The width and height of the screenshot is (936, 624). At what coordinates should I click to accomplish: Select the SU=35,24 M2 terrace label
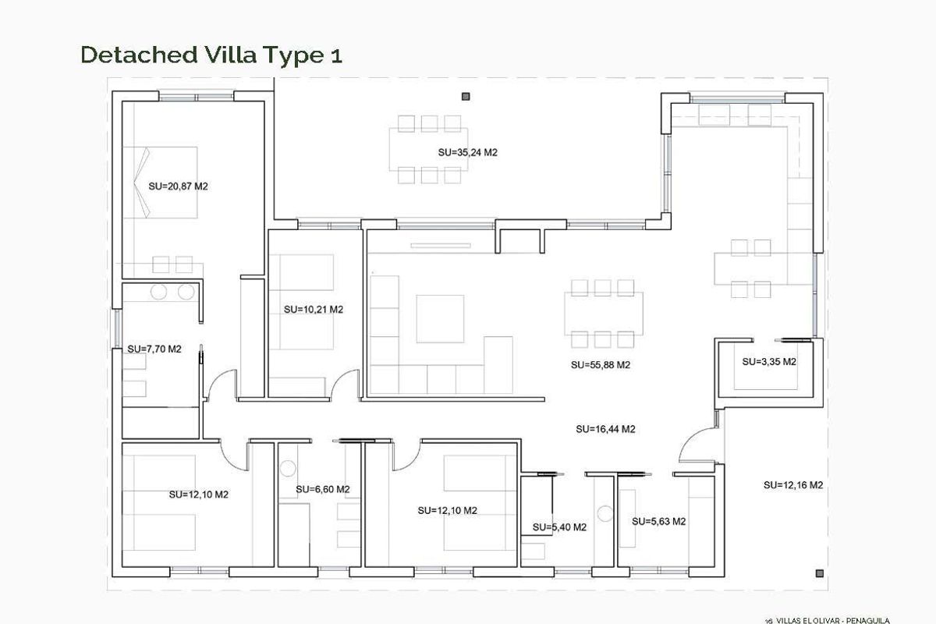coord(467,153)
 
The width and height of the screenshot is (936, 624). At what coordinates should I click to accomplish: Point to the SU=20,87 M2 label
coord(178,186)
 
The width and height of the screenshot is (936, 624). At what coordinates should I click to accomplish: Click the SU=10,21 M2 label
coord(314,309)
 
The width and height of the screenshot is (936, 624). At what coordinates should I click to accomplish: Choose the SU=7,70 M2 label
coord(154,349)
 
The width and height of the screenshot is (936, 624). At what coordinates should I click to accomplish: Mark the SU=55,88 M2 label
coord(600,364)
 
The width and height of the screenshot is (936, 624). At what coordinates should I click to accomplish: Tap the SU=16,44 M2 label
coord(605,428)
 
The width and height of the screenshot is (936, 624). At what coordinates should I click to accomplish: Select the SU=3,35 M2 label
coord(768,362)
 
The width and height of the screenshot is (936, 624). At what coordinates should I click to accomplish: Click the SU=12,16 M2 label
coord(792,484)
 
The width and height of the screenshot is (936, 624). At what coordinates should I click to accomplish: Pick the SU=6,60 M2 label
coord(323,489)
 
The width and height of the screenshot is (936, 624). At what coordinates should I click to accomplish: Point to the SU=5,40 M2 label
coord(559,527)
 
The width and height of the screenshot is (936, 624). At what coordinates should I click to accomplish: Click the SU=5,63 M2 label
coord(659,521)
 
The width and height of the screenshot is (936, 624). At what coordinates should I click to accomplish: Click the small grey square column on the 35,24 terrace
coord(466,96)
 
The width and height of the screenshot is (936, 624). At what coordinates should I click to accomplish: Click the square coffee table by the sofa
coord(440,318)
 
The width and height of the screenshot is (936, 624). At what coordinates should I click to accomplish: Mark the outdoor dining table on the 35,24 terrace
coord(429,149)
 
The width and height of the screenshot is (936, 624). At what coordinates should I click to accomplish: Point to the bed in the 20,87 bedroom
coord(168,183)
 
